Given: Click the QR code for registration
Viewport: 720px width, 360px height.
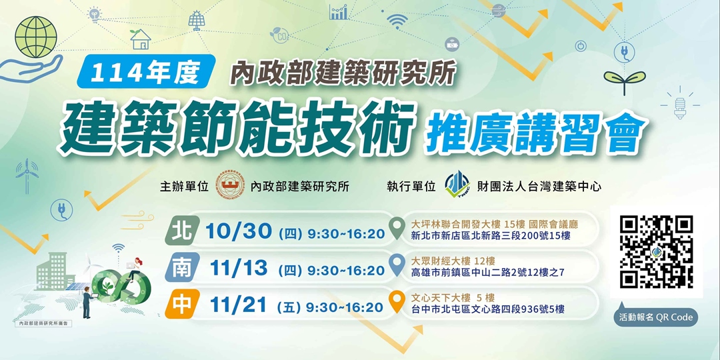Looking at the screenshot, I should [x=656, y=252].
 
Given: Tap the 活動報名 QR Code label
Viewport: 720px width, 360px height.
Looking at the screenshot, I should [x=656, y=317].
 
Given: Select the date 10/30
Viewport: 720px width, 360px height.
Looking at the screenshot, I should [x=239, y=232].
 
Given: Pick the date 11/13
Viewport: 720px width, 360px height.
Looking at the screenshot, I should [x=239, y=269].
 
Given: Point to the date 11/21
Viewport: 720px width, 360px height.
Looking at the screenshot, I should [x=239, y=306].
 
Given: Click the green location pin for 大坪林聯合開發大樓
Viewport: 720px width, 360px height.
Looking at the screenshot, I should [x=397, y=228].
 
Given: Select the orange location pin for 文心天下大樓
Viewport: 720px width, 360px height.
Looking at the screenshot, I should [x=397, y=303].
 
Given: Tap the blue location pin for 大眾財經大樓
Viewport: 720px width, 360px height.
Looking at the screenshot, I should [x=397, y=265].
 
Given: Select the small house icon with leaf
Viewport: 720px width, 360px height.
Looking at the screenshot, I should [x=141, y=39].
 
